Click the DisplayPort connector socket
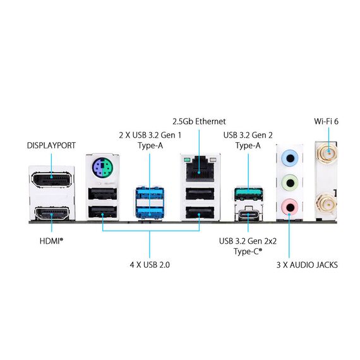pyautogui.click(x=51, y=179)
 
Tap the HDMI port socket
pyautogui.click(x=52, y=213)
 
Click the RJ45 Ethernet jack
pyautogui.click(x=200, y=168)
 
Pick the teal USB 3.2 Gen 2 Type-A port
pyautogui.click(x=249, y=193)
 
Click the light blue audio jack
pyautogui.click(x=290, y=158)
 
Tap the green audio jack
pyautogui.click(x=290, y=183)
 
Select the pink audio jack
pyautogui.click(x=290, y=207)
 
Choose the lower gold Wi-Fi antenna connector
pyautogui.click(x=327, y=203)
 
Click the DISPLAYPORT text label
pyautogui.click(x=51, y=145)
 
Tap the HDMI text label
pyautogui.click(x=51, y=241)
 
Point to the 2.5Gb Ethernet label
pyautogui.click(x=200, y=121)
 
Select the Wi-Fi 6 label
pyautogui.click(x=327, y=121)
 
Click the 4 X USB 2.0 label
pyautogui.click(x=150, y=265)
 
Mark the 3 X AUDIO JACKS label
pyautogui.click(x=307, y=265)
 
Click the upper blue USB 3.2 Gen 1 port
pyautogui.click(x=150, y=194)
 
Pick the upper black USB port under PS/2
pyautogui.click(x=102, y=193)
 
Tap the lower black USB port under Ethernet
pyautogui.click(x=200, y=213)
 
